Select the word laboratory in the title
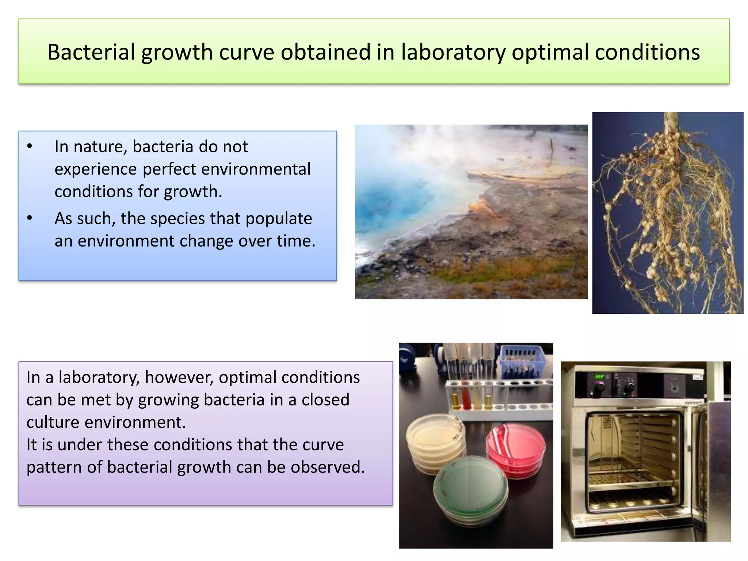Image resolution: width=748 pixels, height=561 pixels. (453, 52)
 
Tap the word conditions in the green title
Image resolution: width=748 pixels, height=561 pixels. (647, 52)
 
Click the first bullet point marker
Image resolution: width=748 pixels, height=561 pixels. (30, 147)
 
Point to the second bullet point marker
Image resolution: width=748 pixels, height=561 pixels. (30, 218)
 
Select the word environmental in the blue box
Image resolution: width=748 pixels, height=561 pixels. (256, 169)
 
